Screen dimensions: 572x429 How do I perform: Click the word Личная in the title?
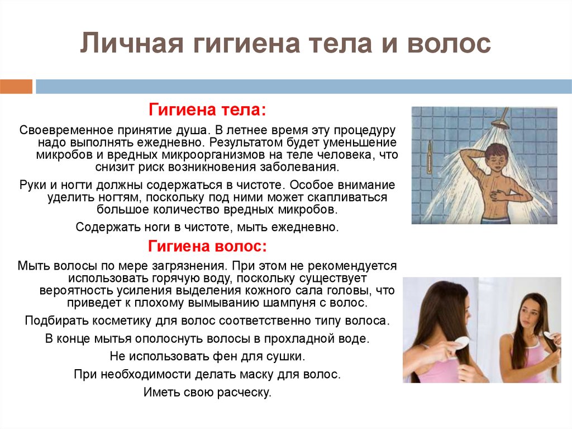131,44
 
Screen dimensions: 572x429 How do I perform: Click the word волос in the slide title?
449,44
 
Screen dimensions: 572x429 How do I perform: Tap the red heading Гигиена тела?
207,110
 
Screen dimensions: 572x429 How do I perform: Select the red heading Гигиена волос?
207,246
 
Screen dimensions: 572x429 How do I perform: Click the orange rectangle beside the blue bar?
16,87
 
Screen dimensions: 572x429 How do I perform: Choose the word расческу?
244,392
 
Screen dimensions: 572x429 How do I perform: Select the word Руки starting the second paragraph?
33,185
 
